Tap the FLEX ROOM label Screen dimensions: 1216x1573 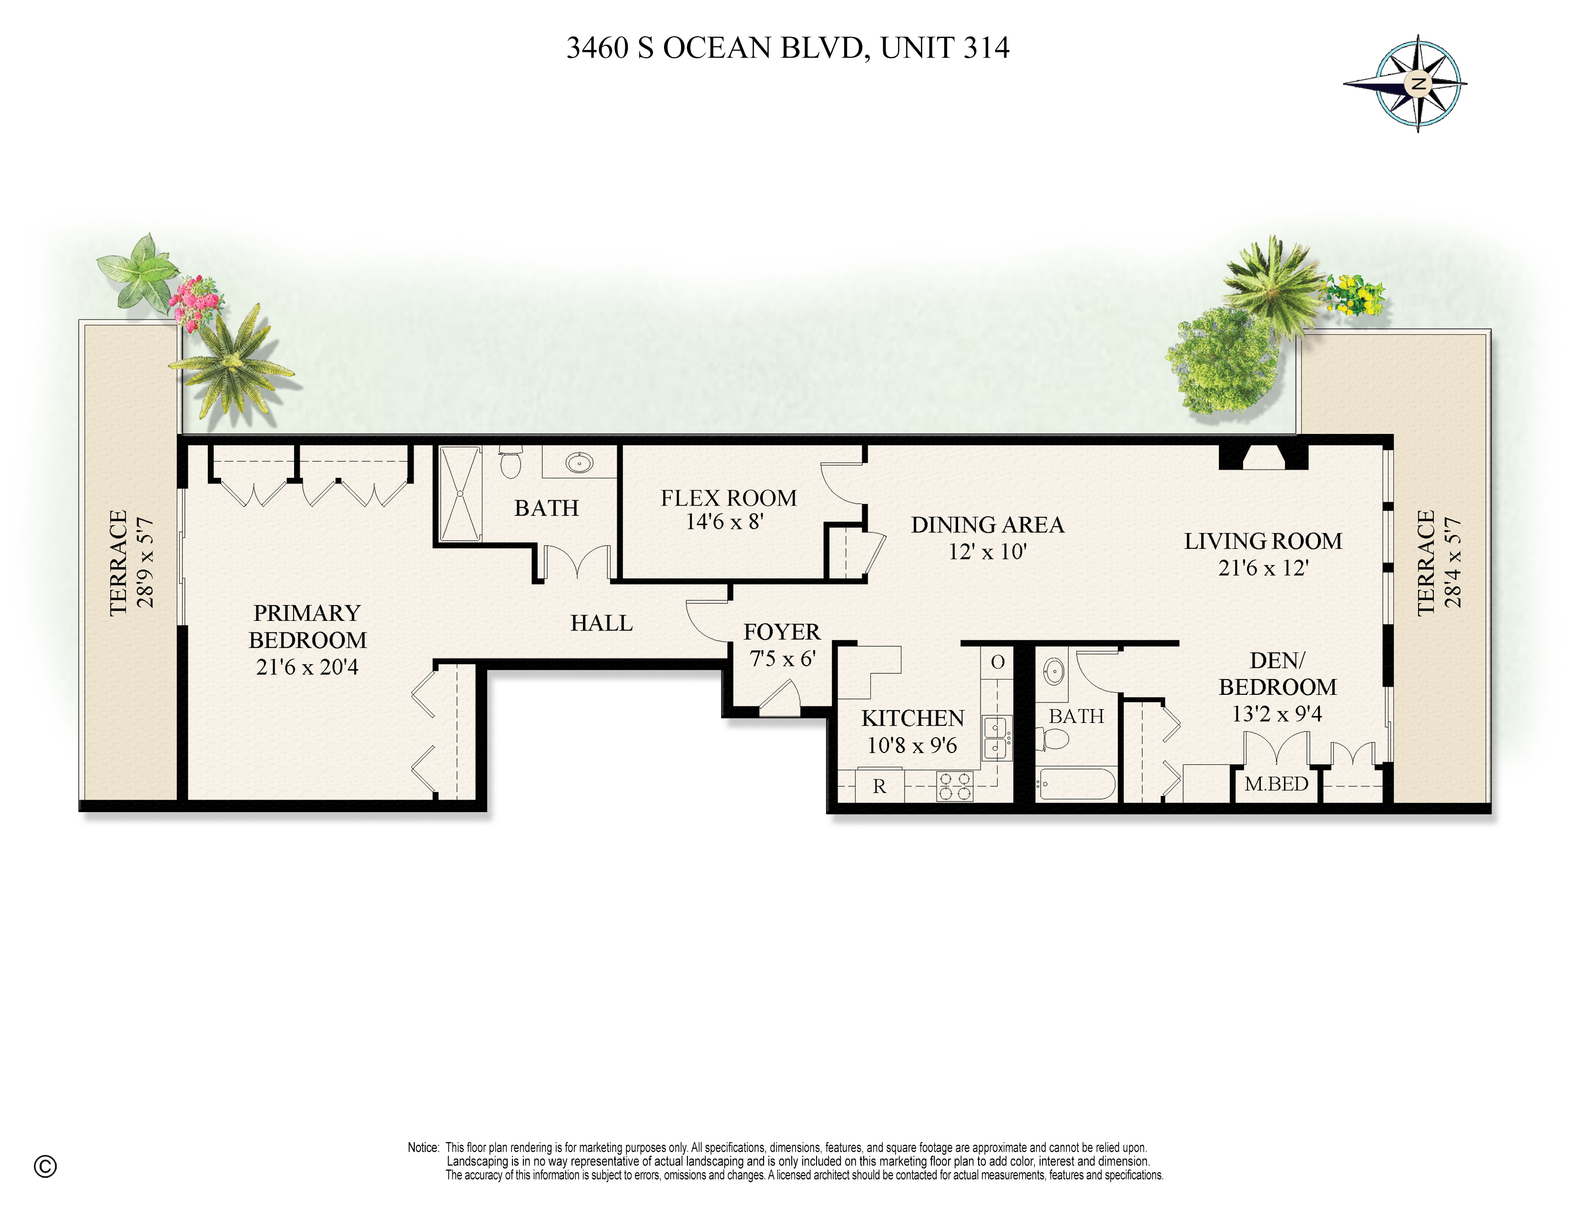pyautogui.click(x=728, y=498)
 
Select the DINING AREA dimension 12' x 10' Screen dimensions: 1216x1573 pyautogui.click(x=987, y=552)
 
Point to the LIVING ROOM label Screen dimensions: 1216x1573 pyautogui.click(x=1263, y=541)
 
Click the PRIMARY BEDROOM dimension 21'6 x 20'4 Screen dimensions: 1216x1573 pyautogui.click(x=307, y=667)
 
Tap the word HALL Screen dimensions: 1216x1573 pyautogui.click(x=602, y=623)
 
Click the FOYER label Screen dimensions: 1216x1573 pyautogui.click(x=781, y=632)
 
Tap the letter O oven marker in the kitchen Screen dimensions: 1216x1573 pyautogui.click(x=998, y=662)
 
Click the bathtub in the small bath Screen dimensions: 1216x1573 pyautogui.click(x=1077, y=784)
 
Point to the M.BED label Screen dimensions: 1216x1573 pyautogui.click(x=1276, y=784)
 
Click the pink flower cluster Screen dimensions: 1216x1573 pyautogui.click(x=195, y=301)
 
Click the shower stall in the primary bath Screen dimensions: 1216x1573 pyautogui.click(x=460, y=494)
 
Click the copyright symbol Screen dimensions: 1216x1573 pyautogui.click(x=45, y=1166)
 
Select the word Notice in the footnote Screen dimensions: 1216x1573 pyautogui.click(x=423, y=1147)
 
